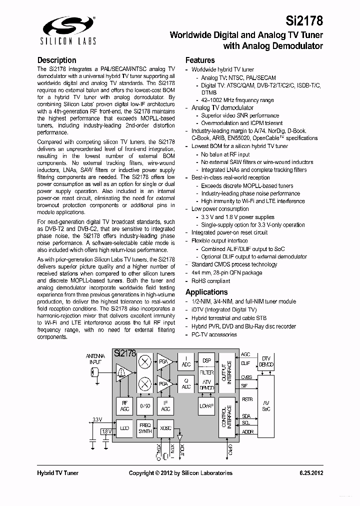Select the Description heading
coord(57,60)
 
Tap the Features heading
coord(200,60)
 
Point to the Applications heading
coord(206,292)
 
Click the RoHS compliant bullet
coord(210,281)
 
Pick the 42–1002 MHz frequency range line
coord(237,100)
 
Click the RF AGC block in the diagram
coord(124,405)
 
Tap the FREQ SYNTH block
coord(145,428)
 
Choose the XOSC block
coord(165,428)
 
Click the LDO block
coord(124,428)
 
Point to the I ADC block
coord(185,362)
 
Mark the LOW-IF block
coord(206,405)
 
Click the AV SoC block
coord(265,405)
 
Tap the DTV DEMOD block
coord(265,361)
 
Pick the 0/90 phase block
coord(145,405)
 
